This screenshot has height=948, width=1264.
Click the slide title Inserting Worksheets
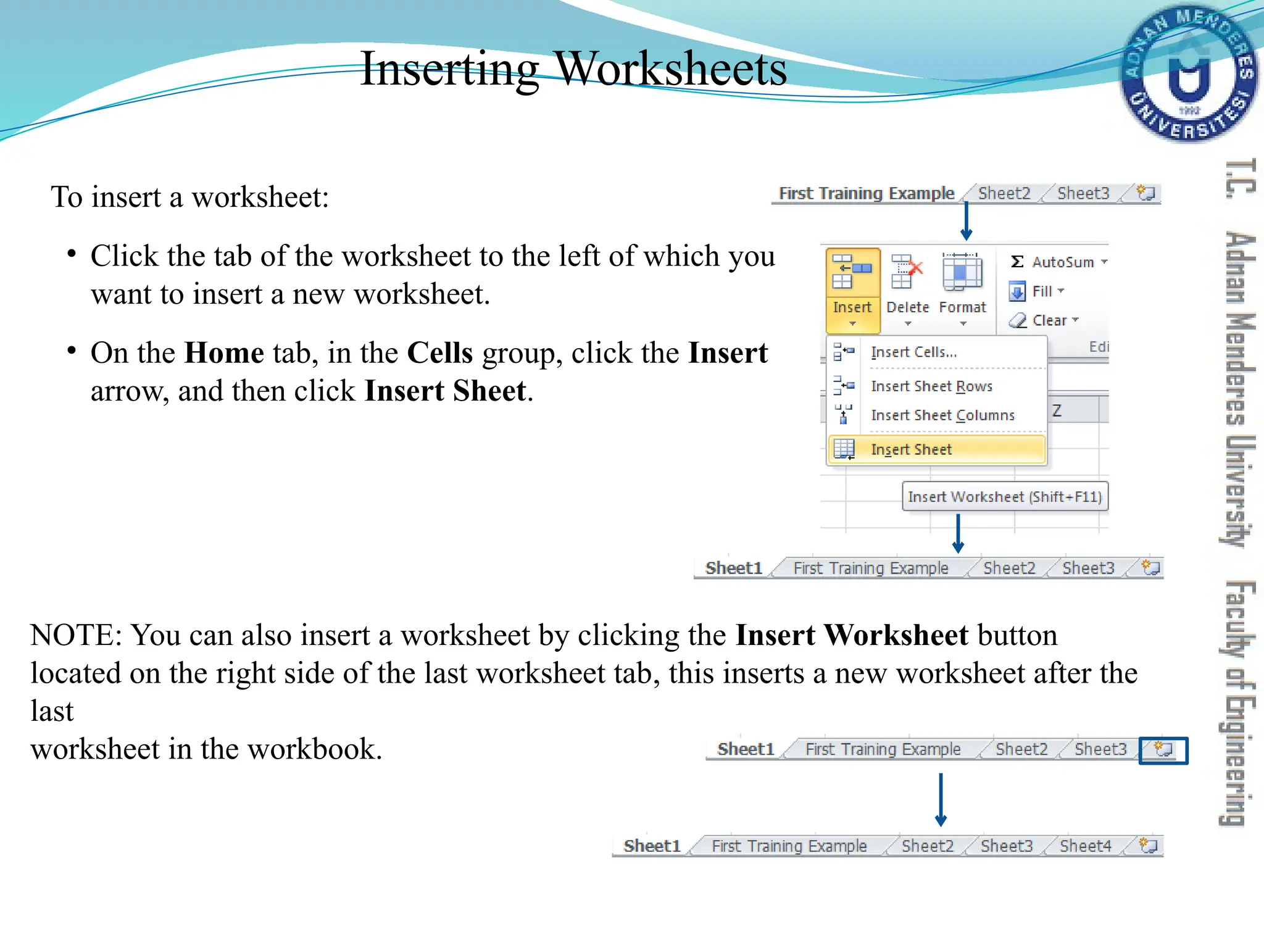573,69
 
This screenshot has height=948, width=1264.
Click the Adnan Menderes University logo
1189,74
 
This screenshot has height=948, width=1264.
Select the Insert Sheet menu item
911,449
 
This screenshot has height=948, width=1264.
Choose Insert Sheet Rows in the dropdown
931,386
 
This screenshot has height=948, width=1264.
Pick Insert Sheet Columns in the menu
942,415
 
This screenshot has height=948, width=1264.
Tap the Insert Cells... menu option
913,352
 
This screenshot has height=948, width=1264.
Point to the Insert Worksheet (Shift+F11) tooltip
1005,497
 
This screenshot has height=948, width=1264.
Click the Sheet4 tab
1085,846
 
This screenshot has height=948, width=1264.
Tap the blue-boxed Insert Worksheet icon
1163,750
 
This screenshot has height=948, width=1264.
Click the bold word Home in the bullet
224,353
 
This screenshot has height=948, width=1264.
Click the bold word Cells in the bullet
440,353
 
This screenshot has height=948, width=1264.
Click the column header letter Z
1057,410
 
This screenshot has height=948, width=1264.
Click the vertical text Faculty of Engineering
1238,704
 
